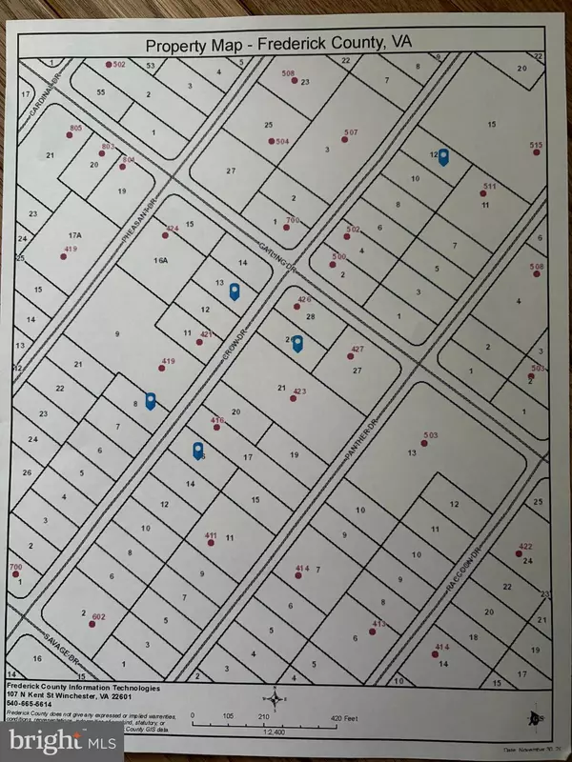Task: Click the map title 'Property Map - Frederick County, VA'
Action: coord(285,46)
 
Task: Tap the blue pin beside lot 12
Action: coord(442,157)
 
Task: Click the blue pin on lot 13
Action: coord(235,291)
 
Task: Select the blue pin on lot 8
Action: coord(151,401)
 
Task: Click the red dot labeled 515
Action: coord(537,151)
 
